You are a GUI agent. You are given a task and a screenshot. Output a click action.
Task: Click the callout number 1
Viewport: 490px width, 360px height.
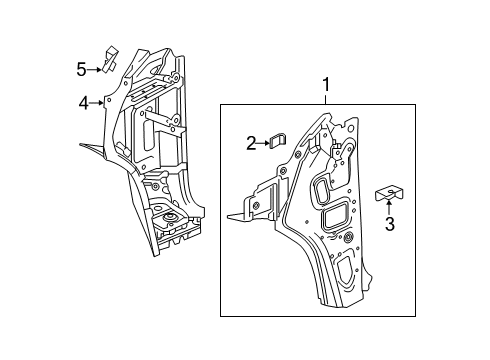[x=325, y=87]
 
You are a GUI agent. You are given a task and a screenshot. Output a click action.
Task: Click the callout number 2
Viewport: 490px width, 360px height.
[x=252, y=143]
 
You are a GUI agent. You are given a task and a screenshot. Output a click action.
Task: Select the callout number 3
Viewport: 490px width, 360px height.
[x=389, y=226]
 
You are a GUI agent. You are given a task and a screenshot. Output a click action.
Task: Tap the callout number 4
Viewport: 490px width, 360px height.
[x=85, y=101]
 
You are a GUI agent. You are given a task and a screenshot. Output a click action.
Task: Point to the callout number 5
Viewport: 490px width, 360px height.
[x=82, y=68]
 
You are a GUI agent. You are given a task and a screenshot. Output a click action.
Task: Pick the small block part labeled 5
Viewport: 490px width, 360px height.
[x=111, y=55]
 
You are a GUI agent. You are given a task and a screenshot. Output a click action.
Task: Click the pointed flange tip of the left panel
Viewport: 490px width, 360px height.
[x=84, y=146]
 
